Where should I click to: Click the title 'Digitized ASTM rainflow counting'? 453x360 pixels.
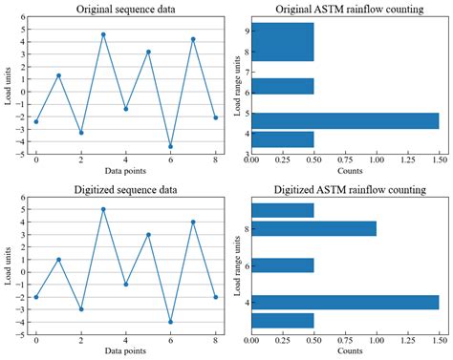point(347,191)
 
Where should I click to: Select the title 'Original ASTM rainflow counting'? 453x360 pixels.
point(347,10)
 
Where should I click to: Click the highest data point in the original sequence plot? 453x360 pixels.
point(103,34)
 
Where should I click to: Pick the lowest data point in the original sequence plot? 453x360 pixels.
point(170,146)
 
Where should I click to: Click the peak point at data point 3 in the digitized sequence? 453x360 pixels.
point(103,209)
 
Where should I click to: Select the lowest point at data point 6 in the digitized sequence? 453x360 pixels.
point(170,322)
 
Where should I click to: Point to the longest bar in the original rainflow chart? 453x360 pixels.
point(345,120)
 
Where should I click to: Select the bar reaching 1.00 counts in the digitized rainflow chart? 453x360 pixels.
point(314,228)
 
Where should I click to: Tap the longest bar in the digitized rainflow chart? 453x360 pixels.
point(345,302)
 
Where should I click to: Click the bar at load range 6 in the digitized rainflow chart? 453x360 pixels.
point(283,265)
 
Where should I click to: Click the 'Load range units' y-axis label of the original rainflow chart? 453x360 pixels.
point(235,86)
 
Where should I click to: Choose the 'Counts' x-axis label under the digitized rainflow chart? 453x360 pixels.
point(346,351)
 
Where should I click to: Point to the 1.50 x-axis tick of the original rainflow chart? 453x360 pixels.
point(439,161)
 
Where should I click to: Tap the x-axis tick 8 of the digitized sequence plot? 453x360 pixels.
point(215,340)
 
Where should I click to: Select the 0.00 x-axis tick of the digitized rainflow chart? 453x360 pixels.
point(252,340)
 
